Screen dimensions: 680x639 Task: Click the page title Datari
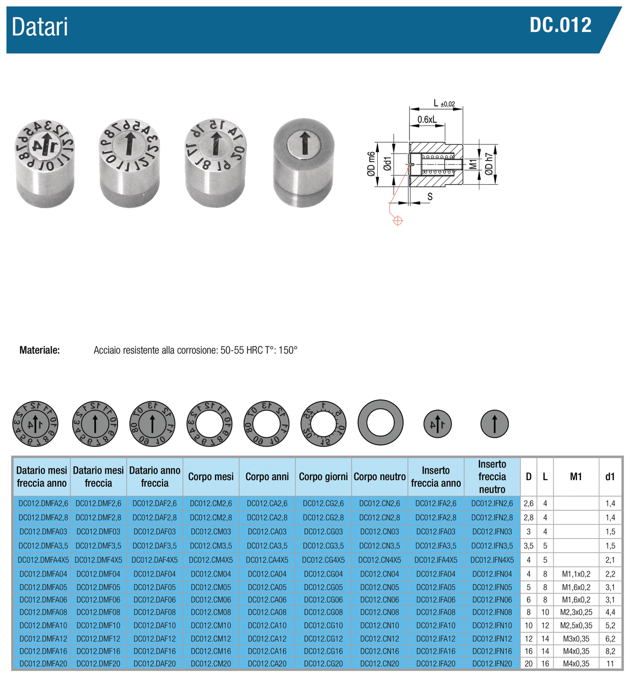(40, 27)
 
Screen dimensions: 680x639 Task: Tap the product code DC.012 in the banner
(560, 25)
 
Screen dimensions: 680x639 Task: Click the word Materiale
(39, 351)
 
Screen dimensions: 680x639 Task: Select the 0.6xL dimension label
(427, 119)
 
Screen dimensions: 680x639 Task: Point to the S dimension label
(430, 197)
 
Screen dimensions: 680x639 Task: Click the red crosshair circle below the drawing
(398, 221)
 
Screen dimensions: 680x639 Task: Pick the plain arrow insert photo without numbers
(304, 162)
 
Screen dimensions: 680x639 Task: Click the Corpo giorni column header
(323, 477)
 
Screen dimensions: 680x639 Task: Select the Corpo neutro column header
(379, 477)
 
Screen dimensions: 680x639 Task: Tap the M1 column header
(576, 477)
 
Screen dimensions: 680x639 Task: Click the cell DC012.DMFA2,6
(43, 504)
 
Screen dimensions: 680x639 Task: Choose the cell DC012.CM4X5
(210, 560)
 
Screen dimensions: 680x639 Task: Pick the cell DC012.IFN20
(492, 664)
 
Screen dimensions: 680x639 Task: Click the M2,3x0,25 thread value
(576, 612)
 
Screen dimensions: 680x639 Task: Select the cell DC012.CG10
(323, 626)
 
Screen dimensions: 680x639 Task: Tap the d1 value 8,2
(610, 651)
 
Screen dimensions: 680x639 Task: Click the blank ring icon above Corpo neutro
(380, 422)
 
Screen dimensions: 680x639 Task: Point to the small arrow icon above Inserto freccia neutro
(494, 424)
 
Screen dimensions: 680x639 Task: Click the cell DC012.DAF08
(154, 612)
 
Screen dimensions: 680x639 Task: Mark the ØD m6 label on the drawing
(371, 164)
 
